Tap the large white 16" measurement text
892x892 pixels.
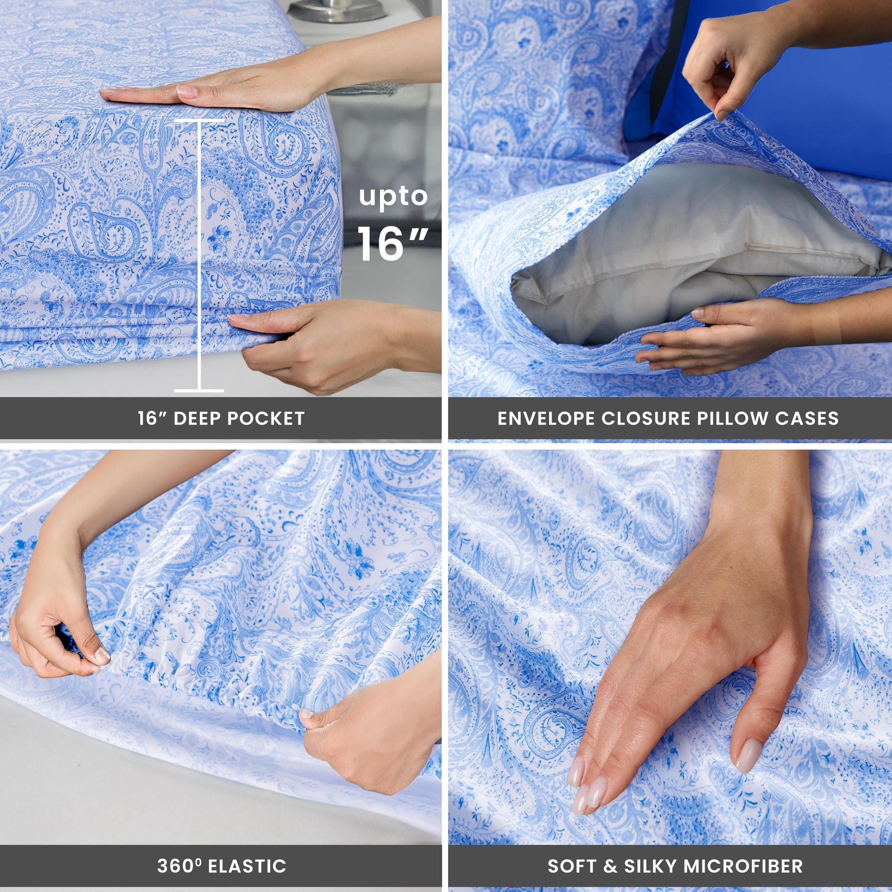point(392,243)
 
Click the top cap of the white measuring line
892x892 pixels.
point(199,121)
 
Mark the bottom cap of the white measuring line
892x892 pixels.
point(199,391)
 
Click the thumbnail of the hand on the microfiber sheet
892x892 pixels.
point(749,756)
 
